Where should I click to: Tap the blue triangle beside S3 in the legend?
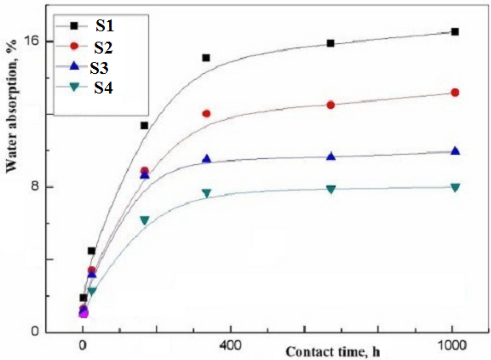(74, 67)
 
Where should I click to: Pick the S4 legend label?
(103, 87)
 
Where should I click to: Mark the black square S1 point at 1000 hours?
(455, 32)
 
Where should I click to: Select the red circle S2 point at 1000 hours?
(455, 93)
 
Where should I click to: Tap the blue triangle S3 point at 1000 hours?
(455, 151)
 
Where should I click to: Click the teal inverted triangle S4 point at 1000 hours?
(455, 187)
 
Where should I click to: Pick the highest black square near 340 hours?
(206, 58)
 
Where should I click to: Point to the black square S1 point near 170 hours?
(144, 125)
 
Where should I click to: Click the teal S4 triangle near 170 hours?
(144, 220)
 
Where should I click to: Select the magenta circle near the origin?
(83, 313)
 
